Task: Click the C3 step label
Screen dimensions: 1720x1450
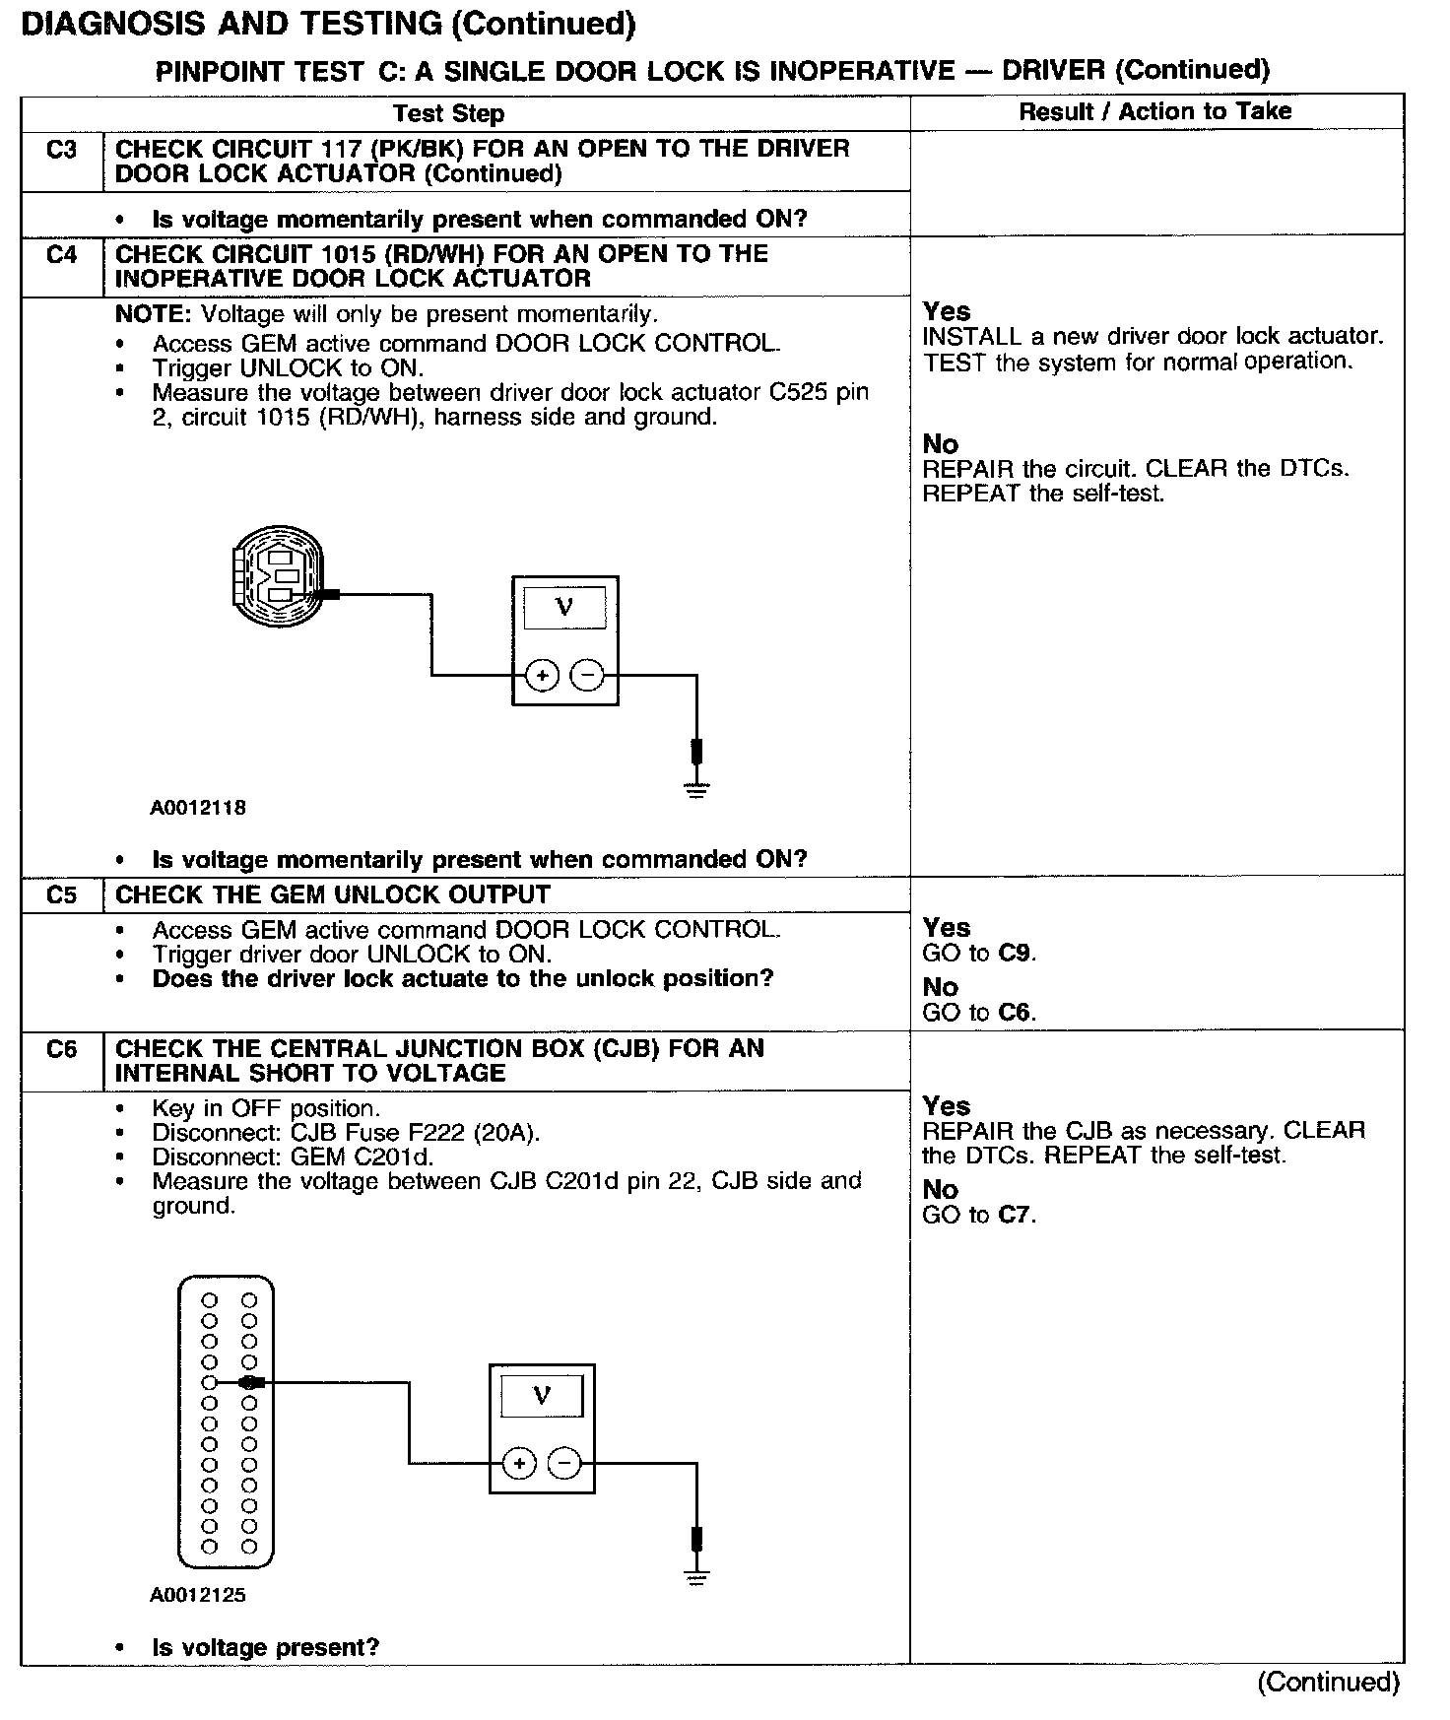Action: tap(61, 150)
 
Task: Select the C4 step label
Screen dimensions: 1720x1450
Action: tap(61, 255)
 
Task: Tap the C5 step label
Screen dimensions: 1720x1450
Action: tap(61, 895)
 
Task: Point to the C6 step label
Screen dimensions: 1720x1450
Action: tap(61, 1049)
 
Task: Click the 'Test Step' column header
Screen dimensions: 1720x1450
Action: tap(448, 113)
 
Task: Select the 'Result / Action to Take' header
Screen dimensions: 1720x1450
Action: tap(1154, 111)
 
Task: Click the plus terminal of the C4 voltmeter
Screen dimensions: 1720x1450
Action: tap(542, 675)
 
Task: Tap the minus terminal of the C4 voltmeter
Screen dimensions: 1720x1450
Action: tap(587, 675)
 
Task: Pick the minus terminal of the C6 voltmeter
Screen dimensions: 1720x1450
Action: tap(564, 1463)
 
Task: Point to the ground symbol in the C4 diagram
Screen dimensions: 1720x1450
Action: tap(696, 789)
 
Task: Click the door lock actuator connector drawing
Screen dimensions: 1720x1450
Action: tap(278, 576)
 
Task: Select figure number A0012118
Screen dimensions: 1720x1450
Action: tap(198, 808)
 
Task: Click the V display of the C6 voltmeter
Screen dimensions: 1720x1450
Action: tap(542, 1396)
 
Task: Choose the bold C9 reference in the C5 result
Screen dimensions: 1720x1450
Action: tap(1016, 954)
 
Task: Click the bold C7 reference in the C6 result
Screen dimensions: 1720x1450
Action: tap(1016, 1215)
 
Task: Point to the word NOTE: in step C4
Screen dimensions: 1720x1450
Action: tap(155, 314)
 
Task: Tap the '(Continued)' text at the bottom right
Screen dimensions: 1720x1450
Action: tap(1327, 1683)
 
